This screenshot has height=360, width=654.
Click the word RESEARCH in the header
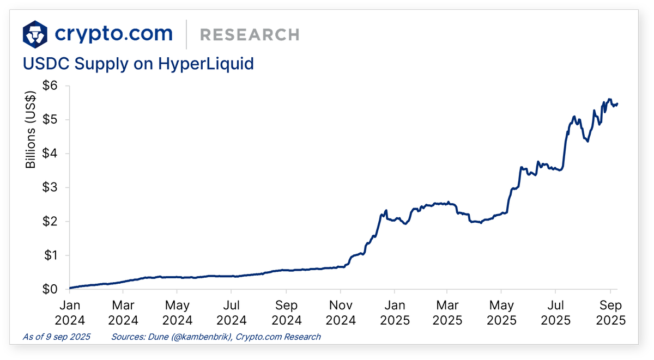pyautogui.click(x=250, y=35)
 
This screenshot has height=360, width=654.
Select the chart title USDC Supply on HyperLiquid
pyautogui.click(x=138, y=64)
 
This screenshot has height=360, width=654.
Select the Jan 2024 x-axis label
pyautogui.click(x=70, y=312)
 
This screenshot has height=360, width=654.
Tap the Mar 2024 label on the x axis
pyautogui.click(x=124, y=312)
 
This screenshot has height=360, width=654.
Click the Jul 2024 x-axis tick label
pyautogui.click(x=232, y=312)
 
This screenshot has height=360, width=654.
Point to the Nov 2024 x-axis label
pyautogui.click(x=340, y=312)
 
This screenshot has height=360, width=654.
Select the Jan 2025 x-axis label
pyautogui.click(x=393, y=312)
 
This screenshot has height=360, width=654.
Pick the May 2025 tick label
pyautogui.click(x=502, y=312)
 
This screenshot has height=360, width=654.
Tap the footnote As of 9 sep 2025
pyautogui.click(x=57, y=337)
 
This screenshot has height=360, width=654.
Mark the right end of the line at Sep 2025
pyautogui.click(x=617, y=103)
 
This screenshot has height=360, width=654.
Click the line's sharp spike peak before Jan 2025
pyautogui.click(x=386, y=210)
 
